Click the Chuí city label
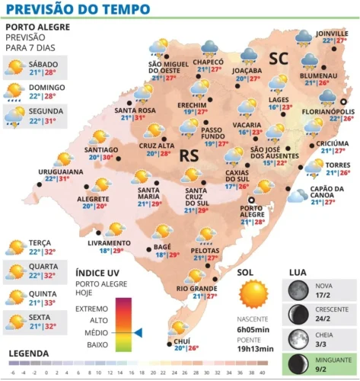183,340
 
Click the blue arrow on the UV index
139,332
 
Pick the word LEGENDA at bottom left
29,354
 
